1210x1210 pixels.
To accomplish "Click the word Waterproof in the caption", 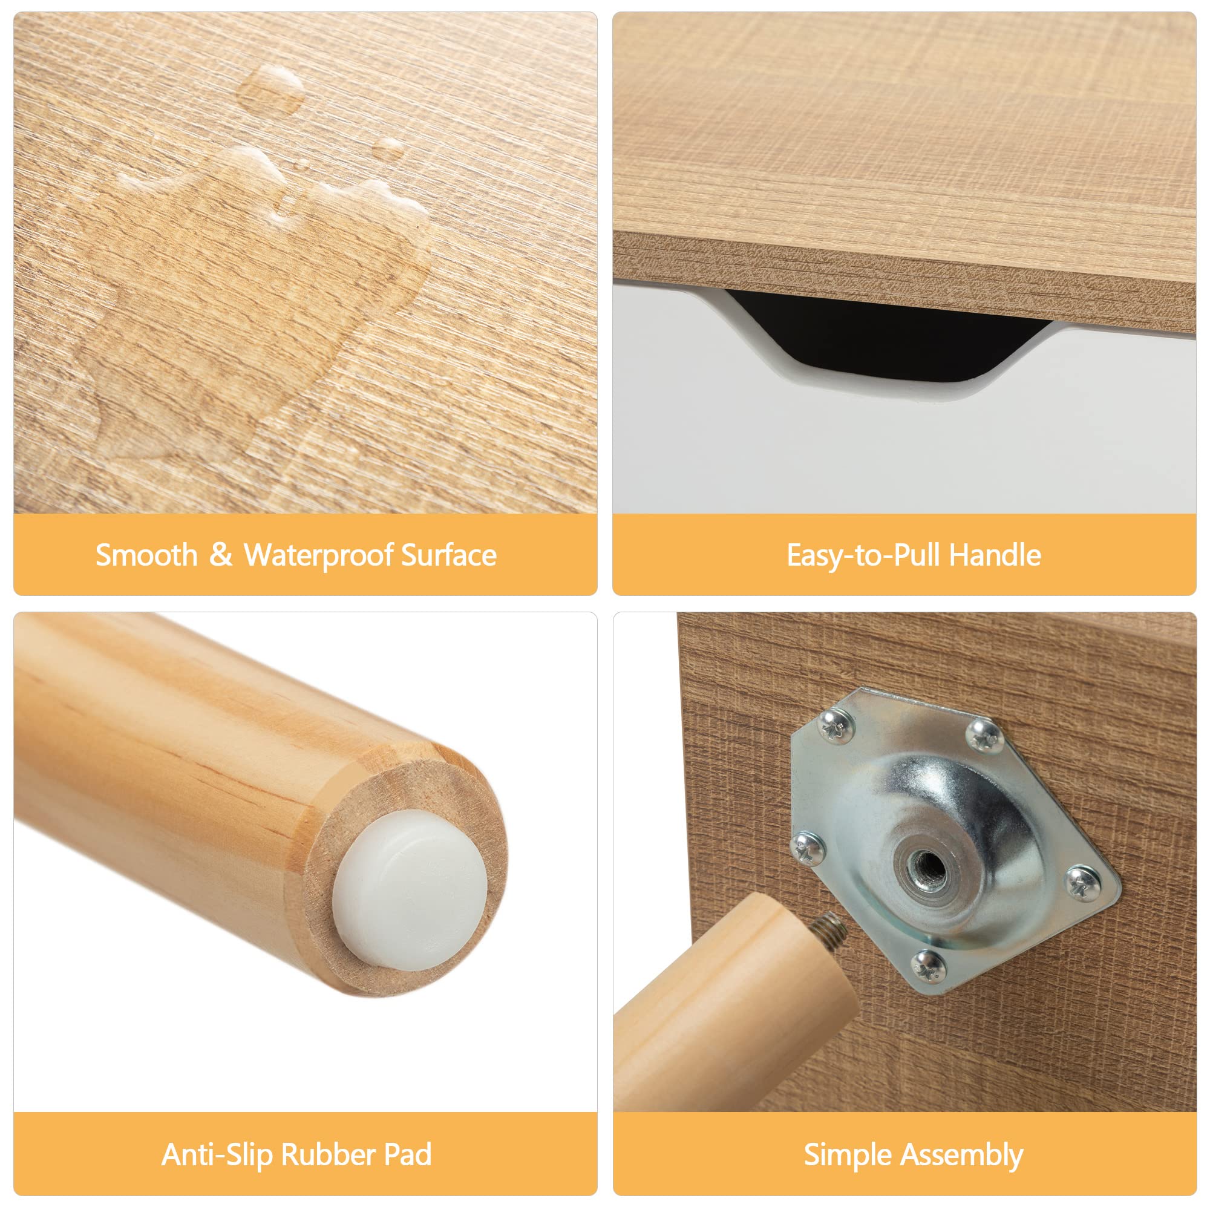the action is [x=319, y=555].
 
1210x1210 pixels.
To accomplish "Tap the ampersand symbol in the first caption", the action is [x=220, y=554].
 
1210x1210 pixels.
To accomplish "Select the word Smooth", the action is [x=146, y=555].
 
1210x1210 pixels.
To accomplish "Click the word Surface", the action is [x=449, y=555].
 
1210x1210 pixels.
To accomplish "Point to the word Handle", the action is [x=995, y=555].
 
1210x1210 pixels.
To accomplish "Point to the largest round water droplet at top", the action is [x=271, y=90].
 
